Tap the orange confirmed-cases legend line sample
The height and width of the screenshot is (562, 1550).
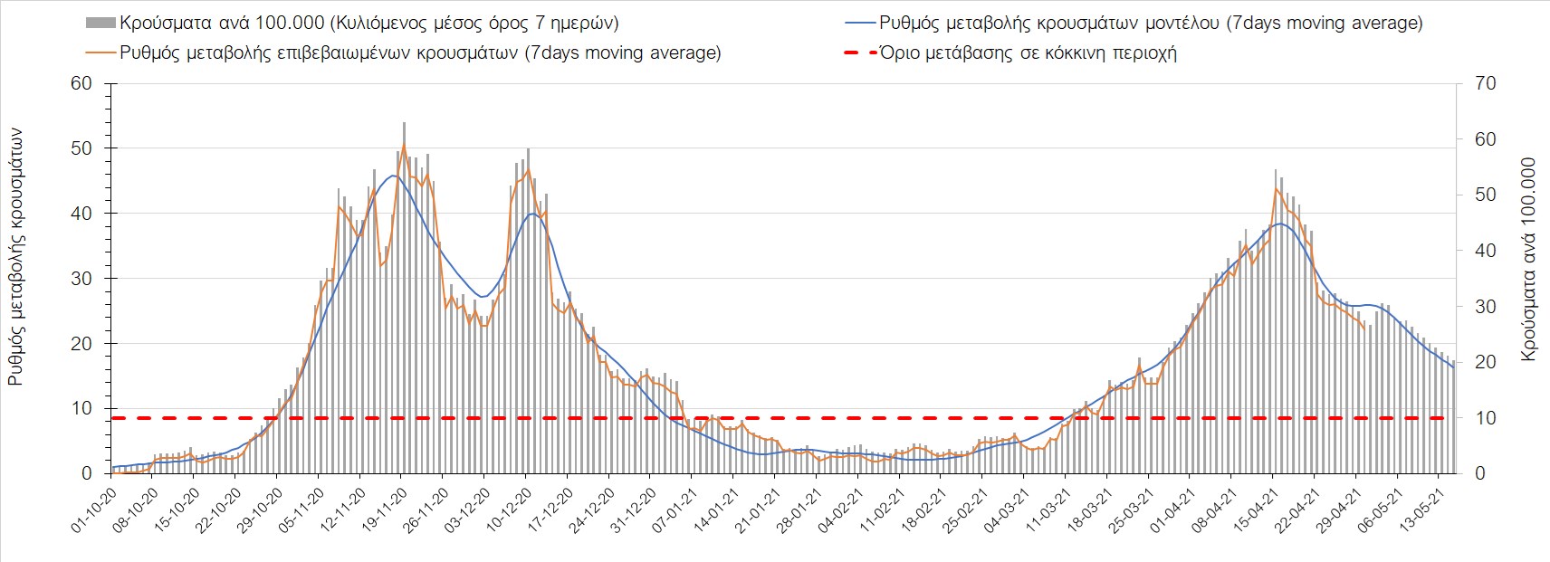102,52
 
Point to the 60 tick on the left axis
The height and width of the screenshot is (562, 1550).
82,83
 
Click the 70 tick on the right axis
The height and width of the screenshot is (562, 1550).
1486,83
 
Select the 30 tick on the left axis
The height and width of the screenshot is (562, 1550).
82,279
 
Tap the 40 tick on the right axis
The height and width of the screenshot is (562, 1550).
1486,251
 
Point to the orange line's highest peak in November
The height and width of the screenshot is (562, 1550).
404,145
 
